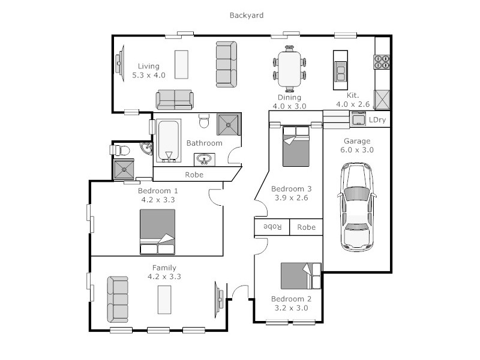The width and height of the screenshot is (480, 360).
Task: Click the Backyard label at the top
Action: click(246, 15)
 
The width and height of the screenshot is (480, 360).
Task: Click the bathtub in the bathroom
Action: click(169, 141)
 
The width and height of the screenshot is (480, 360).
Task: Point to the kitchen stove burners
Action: click(382, 62)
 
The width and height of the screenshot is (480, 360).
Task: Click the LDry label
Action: click(377, 120)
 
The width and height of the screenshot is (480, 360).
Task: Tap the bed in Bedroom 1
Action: click(157, 232)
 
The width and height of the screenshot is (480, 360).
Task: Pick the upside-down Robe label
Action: click(273, 227)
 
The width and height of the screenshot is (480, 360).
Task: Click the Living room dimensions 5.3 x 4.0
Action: click(149, 76)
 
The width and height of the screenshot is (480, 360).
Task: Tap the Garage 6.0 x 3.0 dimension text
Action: click(358, 150)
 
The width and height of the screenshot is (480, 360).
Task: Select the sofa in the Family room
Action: click(118, 299)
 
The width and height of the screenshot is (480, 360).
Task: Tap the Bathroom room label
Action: click(204, 143)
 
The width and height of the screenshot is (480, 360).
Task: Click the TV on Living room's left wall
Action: click(119, 62)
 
